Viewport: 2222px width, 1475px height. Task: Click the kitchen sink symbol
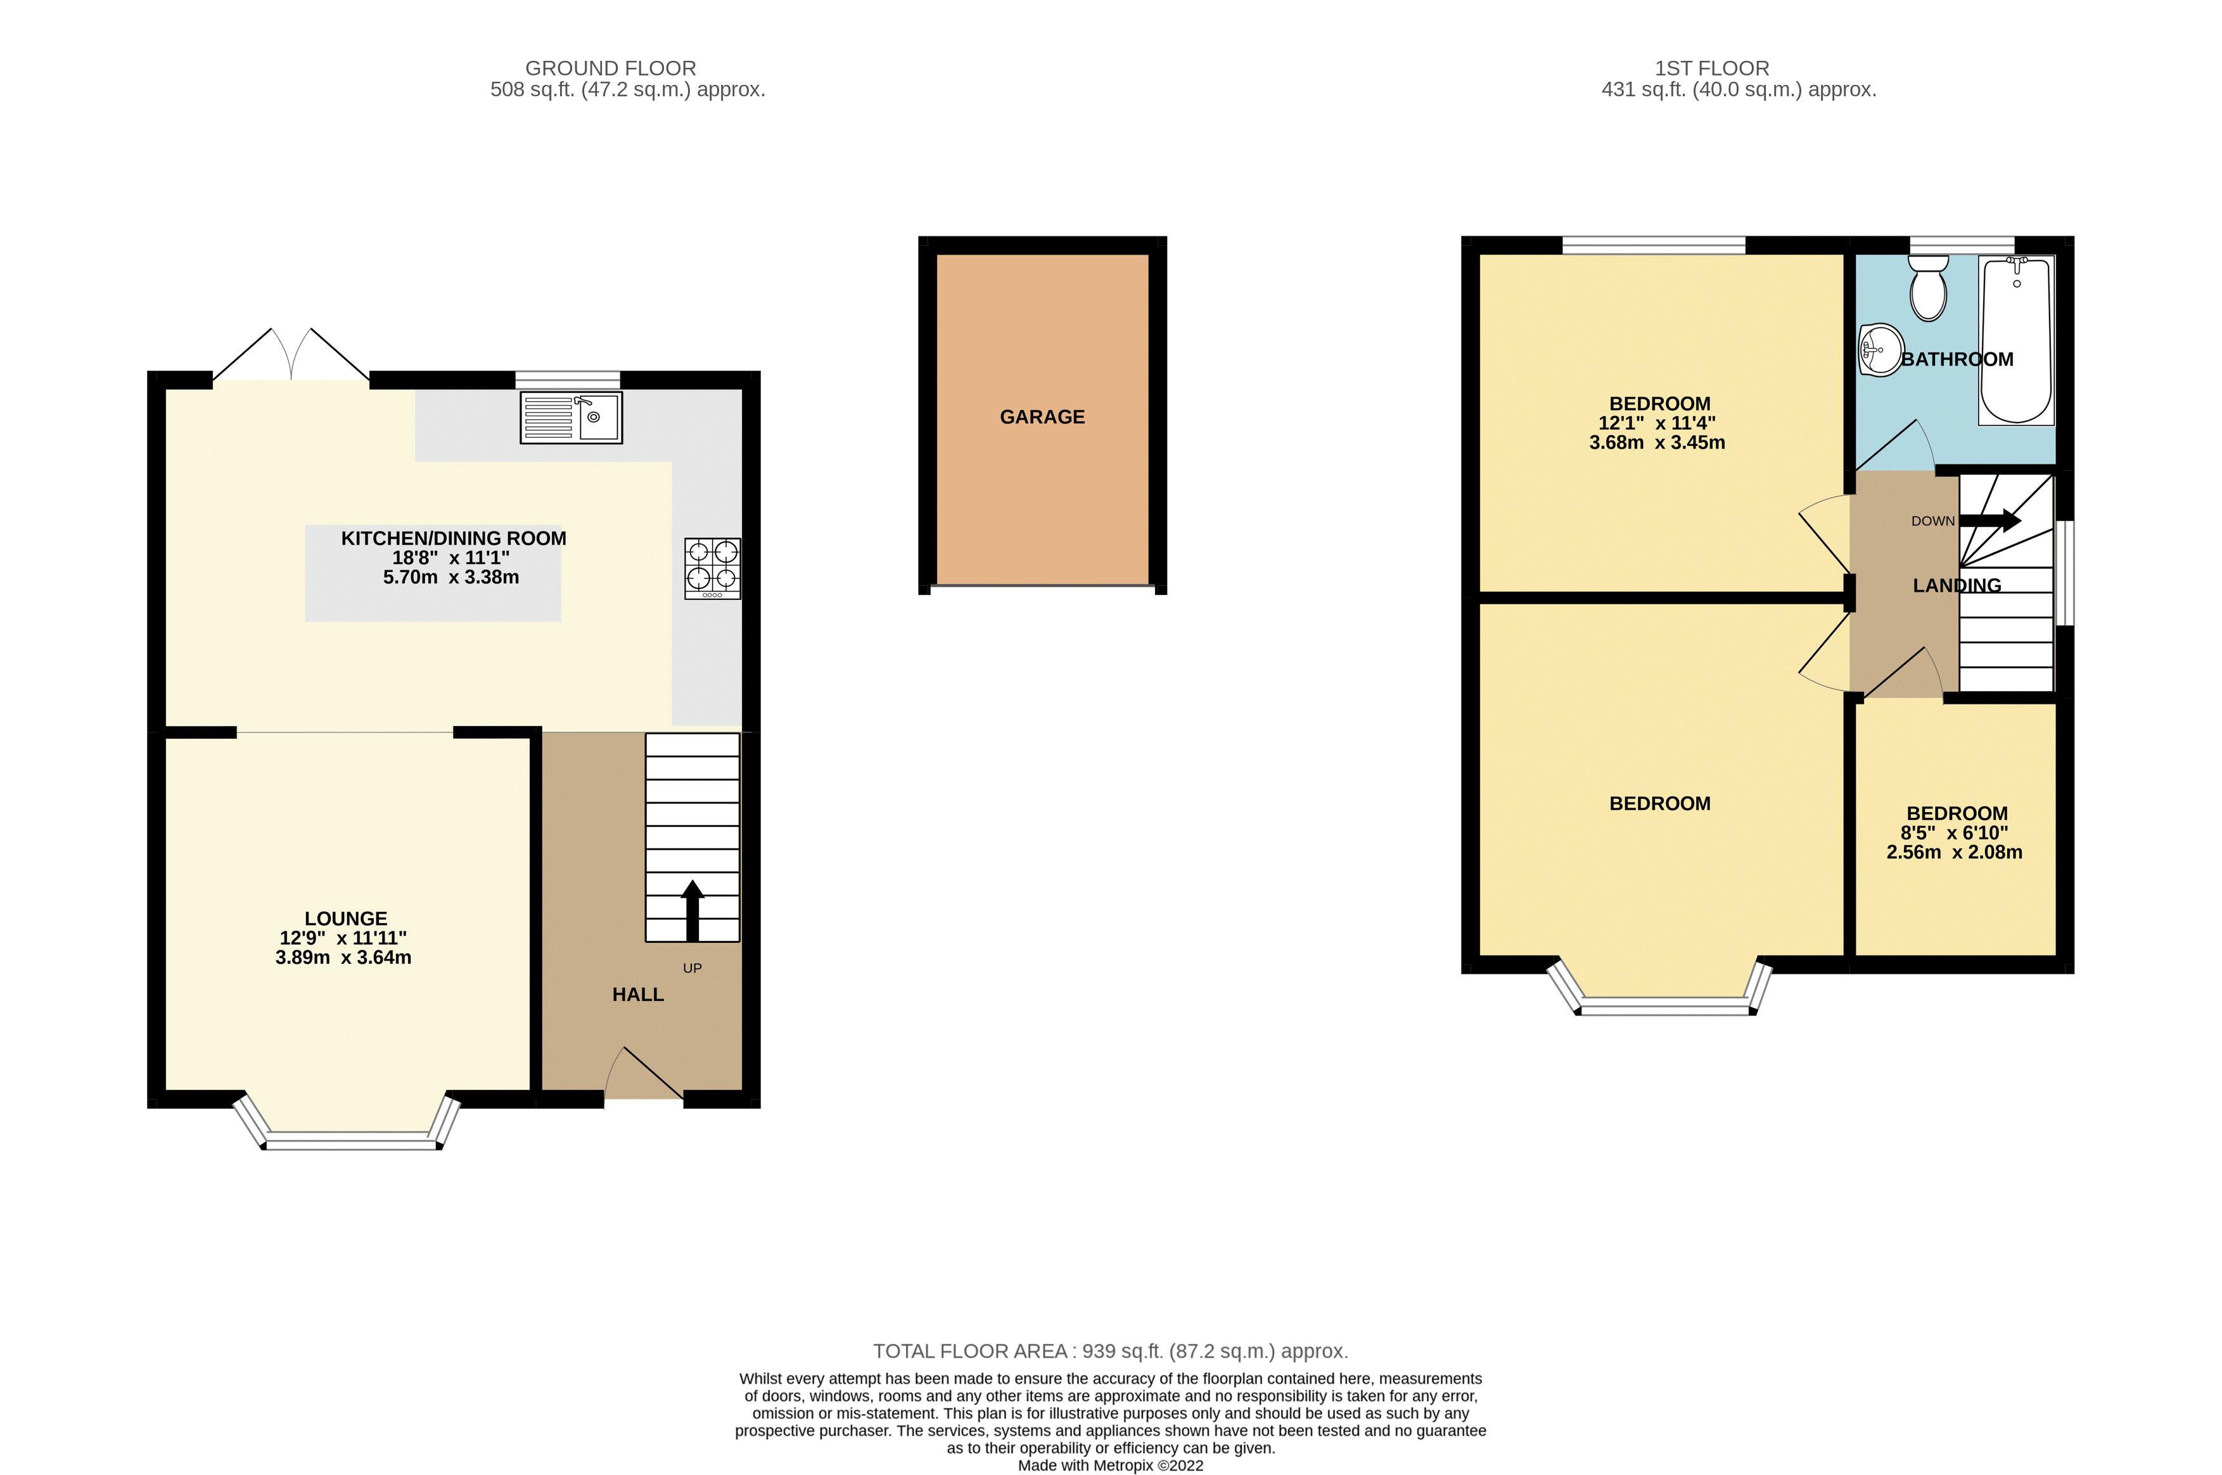(x=571, y=418)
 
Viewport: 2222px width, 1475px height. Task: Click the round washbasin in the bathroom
(x=1882, y=350)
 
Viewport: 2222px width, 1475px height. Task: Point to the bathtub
(x=2017, y=340)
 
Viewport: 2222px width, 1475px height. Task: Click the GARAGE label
(x=1042, y=417)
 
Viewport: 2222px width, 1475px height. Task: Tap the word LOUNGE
(x=345, y=918)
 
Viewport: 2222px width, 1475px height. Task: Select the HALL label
(x=638, y=994)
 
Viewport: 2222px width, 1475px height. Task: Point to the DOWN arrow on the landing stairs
(x=1989, y=520)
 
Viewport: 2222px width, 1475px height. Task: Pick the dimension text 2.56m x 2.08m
(x=1954, y=852)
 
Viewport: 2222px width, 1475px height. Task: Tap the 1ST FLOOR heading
(x=1711, y=68)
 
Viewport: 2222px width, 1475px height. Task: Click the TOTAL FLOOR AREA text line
(x=1110, y=1351)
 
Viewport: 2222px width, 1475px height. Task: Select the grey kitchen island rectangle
(x=433, y=602)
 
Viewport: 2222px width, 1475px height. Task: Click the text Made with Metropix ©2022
(x=1110, y=1465)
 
